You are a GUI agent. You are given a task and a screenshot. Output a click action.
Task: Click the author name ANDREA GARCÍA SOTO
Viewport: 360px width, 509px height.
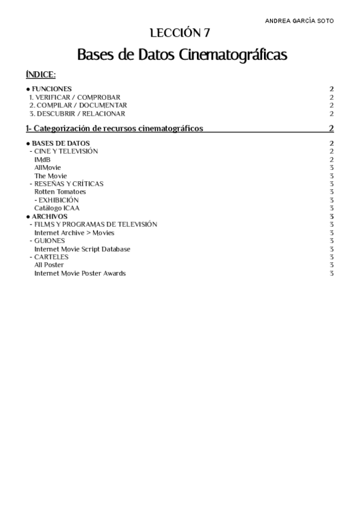[x=299, y=20]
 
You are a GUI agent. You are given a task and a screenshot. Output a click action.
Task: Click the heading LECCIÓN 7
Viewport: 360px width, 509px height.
[x=179, y=33]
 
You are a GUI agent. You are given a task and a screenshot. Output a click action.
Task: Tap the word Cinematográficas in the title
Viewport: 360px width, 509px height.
[x=233, y=55]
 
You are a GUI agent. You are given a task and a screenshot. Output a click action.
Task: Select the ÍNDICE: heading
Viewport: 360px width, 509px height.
[x=41, y=74]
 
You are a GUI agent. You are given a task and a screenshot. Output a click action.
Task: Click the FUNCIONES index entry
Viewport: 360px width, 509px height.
[x=52, y=89]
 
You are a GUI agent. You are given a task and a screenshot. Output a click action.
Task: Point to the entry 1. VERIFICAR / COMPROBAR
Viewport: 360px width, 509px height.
[x=75, y=97]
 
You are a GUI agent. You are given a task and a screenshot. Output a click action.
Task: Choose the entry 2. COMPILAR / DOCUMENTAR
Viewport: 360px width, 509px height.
[x=78, y=105]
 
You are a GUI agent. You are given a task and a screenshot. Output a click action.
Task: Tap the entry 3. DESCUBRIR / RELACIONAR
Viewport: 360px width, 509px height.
[x=77, y=113]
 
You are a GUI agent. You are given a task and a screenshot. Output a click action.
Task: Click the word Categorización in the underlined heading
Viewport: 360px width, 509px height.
[x=62, y=128]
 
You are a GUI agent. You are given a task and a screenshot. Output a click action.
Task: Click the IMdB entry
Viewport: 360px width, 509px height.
[x=42, y=160]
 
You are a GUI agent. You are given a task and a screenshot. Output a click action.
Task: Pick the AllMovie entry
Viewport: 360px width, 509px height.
[x=47, y=167]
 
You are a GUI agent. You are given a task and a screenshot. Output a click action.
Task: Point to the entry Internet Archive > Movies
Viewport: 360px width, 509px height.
[x=74, y=232]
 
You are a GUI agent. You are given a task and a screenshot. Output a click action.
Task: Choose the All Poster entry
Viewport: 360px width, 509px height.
[x=49, y=265]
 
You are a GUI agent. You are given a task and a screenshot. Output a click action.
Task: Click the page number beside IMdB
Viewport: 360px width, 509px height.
[x=331, y=160]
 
